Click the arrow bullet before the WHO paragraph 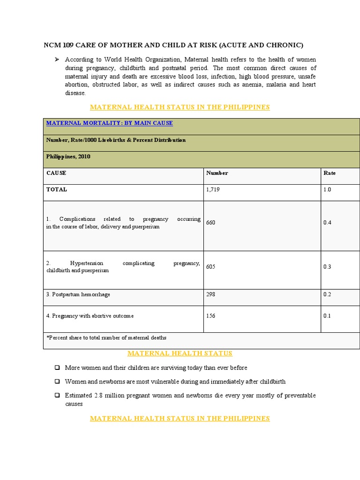pyautogui.click(x=56, y=60)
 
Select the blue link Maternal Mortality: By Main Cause pyautogui.click(x=109, y=123)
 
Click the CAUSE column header pyautogui.click(x=56, y=173)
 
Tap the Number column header pyautogui.click(x=217, y=173)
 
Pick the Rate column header pyautogui.click(x=330, y=173)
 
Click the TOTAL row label pyautogui.click(x=57, y=190)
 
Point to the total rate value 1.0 pyautogui.click(x=327, y=190)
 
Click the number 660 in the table pyautogui.click(x=211, y=223)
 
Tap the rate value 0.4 pyautogui.click(x=327, y=223)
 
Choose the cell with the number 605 pyautogui.click(x=211, y=267)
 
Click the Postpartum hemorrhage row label pyautogui.click(x=78, y=294)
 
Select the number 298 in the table pyautogui.click(x=211, y=294)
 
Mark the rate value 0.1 pyautogui.click(x=327, y=316)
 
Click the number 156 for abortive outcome pyautogui.click(x=211, y=316)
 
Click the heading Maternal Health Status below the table pyautogui.click(x=180, y=353)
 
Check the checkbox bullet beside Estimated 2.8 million pyautogui.click(x=57, y=396)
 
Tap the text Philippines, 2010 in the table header pyautogui.click(x=68, y=157)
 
